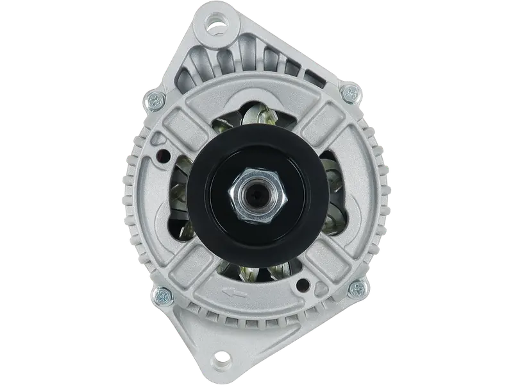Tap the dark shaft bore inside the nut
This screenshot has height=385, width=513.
(256, 195)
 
